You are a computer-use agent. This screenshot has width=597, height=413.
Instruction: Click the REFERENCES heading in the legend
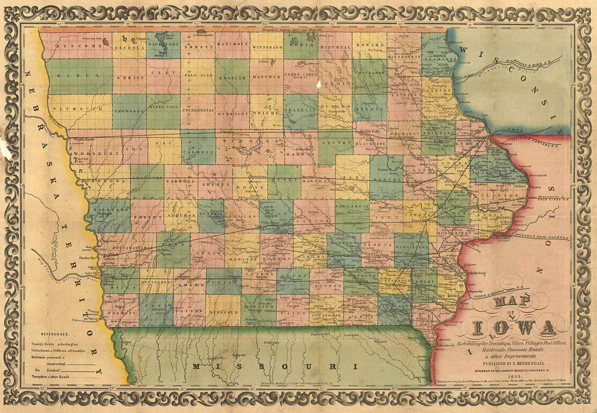[x=55, y=334]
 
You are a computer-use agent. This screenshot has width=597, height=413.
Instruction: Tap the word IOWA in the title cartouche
[x=514, y=328]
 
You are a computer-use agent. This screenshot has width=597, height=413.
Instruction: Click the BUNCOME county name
[x=72, y=47]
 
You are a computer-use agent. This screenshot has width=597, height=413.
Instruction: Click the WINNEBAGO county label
[x=267, y=47]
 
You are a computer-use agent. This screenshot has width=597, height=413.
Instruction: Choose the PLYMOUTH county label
[x=77, y=109]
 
